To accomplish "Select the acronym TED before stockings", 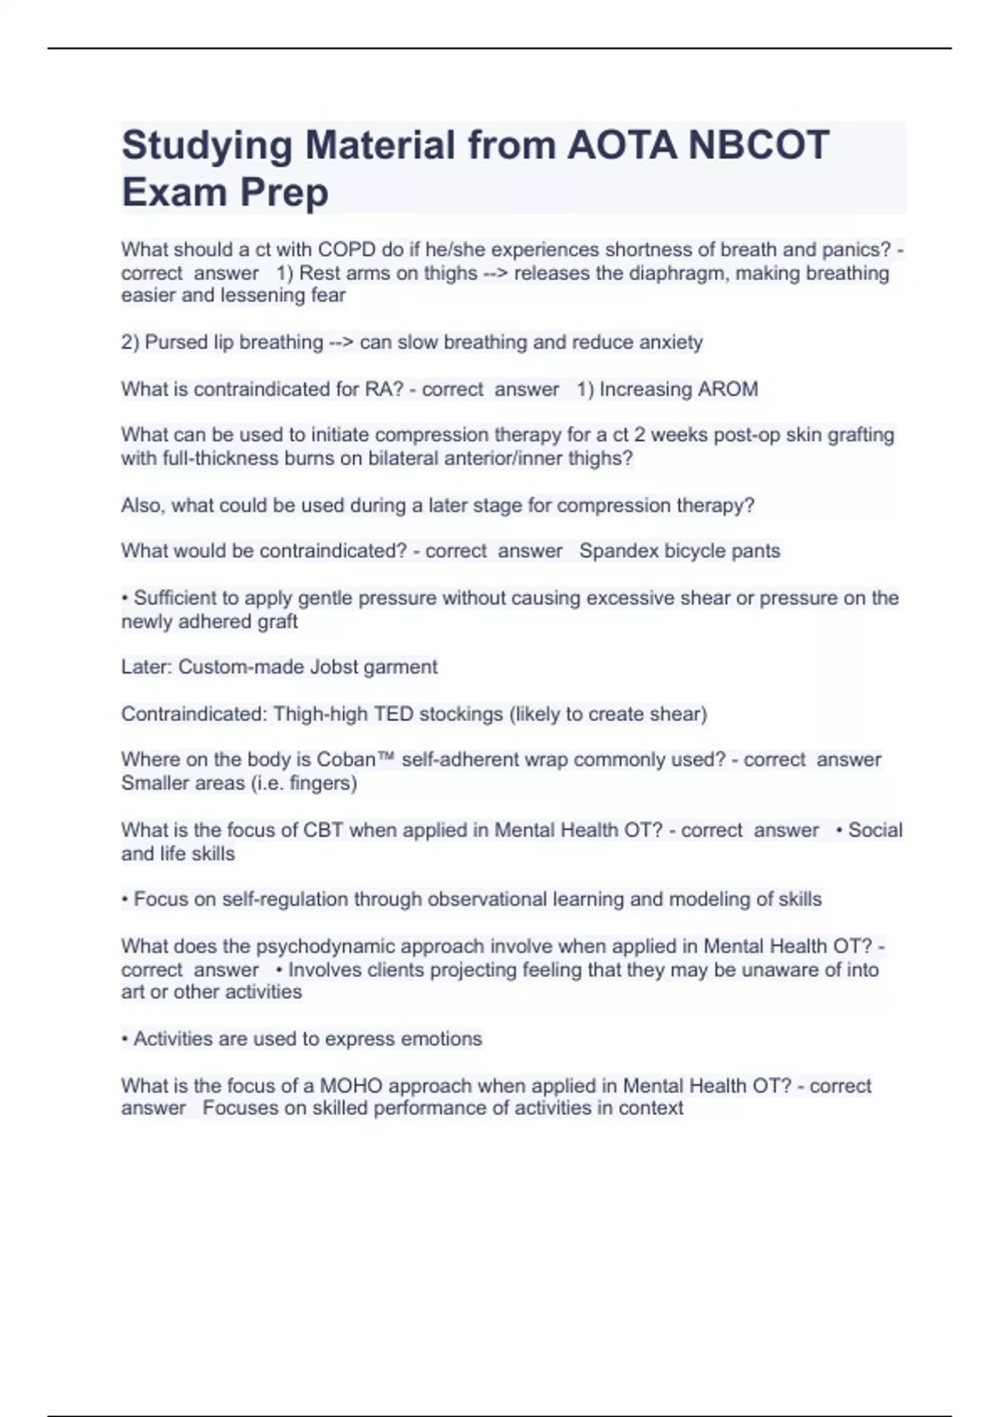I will (392, 714).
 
